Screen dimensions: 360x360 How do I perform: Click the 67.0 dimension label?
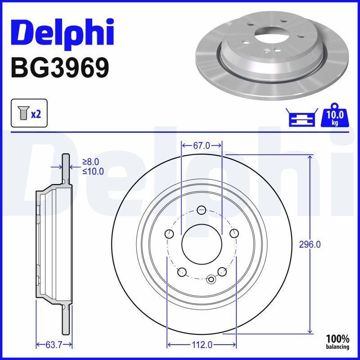click(202, 145)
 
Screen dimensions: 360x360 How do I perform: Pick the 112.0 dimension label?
click(202, 345)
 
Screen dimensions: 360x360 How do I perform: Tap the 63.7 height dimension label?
click(54, 345)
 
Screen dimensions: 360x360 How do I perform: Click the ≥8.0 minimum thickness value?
click(90, 162)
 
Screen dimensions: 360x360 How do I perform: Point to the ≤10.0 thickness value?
click(93, 171)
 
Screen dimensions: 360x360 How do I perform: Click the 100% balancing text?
click(337, 342)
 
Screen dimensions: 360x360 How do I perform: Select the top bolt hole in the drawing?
click(202, 210)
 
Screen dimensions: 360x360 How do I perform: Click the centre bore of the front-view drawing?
click(202, 245)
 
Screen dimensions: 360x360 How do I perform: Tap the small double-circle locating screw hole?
click(211, 279)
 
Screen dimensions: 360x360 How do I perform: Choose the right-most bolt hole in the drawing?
click(234, 233)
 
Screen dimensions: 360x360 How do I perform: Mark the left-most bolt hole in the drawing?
click(169, 234)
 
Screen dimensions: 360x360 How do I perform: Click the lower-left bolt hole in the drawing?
click(182, 271)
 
